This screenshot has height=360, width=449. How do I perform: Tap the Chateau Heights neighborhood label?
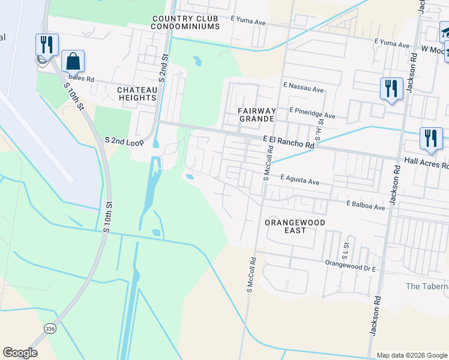point(137,94)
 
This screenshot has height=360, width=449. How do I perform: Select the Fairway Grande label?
point(257,115)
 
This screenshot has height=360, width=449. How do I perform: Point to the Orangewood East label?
point(295,226)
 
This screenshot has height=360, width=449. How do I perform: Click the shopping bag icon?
point(73,61)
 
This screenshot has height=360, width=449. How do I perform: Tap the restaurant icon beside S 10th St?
point(47,44)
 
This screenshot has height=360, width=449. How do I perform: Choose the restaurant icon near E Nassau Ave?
point(391,89)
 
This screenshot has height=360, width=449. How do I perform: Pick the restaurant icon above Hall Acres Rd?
point(431,139)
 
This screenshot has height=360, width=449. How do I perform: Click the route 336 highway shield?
point(50,328)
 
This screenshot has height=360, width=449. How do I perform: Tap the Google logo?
point(20,353)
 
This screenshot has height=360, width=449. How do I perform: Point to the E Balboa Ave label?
point(365,205)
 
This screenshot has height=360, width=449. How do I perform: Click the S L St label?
point(346,247)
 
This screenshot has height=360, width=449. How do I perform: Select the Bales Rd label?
point(82,78)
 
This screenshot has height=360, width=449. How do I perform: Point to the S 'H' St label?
point(320,129)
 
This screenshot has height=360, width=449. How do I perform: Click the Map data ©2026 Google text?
point(411,355)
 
